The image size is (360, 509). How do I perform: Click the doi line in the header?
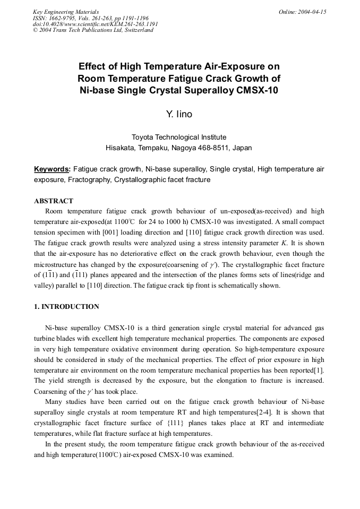click(95, 24)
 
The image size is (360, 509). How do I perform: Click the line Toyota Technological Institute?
click(179, 137)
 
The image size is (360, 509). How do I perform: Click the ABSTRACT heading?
click(54, 201)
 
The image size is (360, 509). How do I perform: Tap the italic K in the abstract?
click(286, 243)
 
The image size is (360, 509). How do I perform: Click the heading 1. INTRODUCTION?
click(66, 307)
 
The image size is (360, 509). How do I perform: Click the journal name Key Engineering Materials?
click(65, 12)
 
